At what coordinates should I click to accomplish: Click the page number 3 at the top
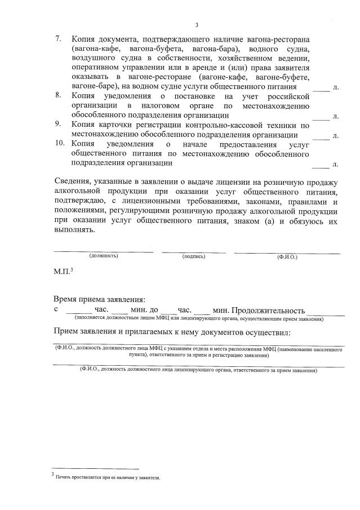tap(197, 24)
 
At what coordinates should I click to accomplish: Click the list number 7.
tap(57, 39)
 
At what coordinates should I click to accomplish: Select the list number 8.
tap(57, 96)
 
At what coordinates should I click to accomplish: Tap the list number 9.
tap(57, 125)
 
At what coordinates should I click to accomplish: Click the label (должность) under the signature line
tap(104, 256)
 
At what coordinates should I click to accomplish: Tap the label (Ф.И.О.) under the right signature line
tap(287, 256)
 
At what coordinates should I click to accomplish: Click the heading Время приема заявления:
tap(100, 300)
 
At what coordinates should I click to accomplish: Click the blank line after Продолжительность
tap(326, 311)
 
